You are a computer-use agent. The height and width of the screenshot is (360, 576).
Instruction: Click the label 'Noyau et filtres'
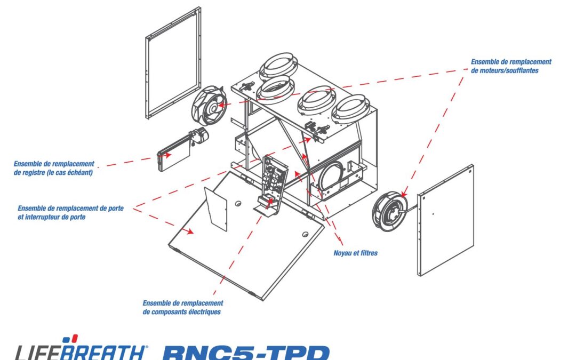click(x=355, y=253)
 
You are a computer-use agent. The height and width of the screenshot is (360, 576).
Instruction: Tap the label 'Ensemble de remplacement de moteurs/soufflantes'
click(x=511, y=66)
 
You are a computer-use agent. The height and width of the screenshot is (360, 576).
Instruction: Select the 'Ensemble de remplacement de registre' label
click(x=54, y=168)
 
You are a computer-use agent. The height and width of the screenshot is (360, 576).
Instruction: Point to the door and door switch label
click(x=70, y=212)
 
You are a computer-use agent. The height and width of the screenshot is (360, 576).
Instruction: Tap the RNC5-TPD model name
click(x=246, y=352)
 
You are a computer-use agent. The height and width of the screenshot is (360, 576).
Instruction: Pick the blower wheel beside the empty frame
click(x=209, y=106)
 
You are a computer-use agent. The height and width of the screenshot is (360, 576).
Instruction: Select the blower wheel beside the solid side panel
click(x=390, y=211)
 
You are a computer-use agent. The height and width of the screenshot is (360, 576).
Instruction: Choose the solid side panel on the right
click(x=445, y=220)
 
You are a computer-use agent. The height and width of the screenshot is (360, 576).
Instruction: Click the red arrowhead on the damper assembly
click(x=167, y=155)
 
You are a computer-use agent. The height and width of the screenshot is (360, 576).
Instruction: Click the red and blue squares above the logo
click(x=70, y=339)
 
